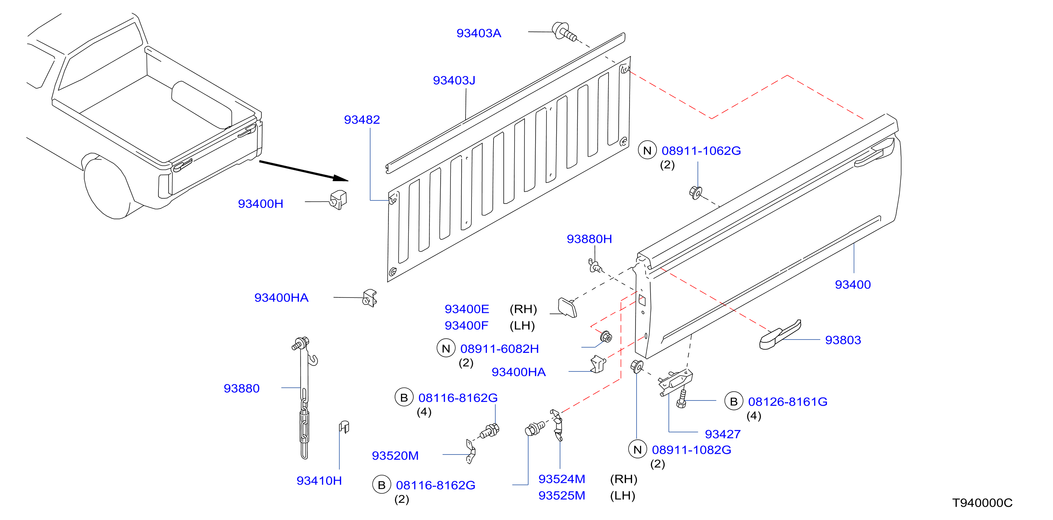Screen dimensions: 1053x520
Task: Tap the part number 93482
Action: (x=362, y=120)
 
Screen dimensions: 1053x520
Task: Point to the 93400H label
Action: (x=260, y=204)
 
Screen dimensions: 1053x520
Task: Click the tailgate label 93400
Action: (x=853, y=285)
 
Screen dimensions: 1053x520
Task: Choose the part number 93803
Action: (x=843, y=340)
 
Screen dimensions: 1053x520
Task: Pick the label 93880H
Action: (x=589, y=239)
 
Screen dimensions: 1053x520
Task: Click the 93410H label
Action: (x=319, y=481)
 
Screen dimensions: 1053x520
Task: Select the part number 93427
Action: (x=722, y=434)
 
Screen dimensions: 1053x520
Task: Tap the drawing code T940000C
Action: (x=982, y=503)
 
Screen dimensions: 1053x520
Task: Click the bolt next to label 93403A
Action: (x=564, y=32)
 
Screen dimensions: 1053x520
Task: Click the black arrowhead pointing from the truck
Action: (x=340, y=178)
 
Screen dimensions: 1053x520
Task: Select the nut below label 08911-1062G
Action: (x=695, y=192)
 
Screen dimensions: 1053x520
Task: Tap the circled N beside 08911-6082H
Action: (x=446, y=348)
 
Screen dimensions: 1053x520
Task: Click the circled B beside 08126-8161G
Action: (x=733, y=402)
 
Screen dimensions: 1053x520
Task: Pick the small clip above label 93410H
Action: (x=344, y=427)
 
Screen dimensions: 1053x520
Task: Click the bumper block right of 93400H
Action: (x=339, y=200)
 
